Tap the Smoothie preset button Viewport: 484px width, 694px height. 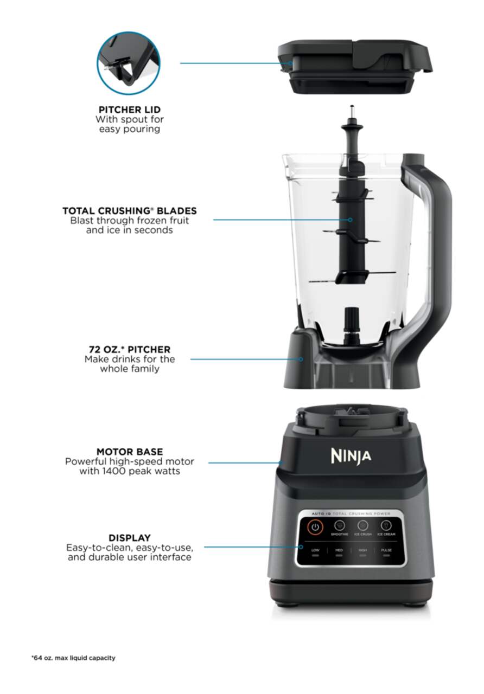pyautogui.click(x=340, y=526)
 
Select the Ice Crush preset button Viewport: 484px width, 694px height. pyautogui.click(x=363, y=526)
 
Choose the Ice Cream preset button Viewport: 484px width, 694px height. pyautogui.click(x=386, y=526)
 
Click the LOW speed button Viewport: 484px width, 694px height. pyautogui.click(x=315, y=552)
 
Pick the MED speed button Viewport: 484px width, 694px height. pyautogui.click(x=339, y=552)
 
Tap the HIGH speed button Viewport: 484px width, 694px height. pyautogui.click(x=362, y=552)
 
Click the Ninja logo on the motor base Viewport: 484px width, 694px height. pyautogui.click(x=351, y=455)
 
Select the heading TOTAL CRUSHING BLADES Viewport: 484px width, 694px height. pyautogui.click(x=129, y=210)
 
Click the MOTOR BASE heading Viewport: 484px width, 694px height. pyautogui.click(x=130, y=451)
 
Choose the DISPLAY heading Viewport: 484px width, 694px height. pyautogui.click(x=130, y=537)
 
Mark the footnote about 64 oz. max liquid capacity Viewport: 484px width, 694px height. pyautogui.click(x=73, y=658)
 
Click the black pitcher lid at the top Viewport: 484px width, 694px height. pyautogui.click(x=355, y=65)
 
